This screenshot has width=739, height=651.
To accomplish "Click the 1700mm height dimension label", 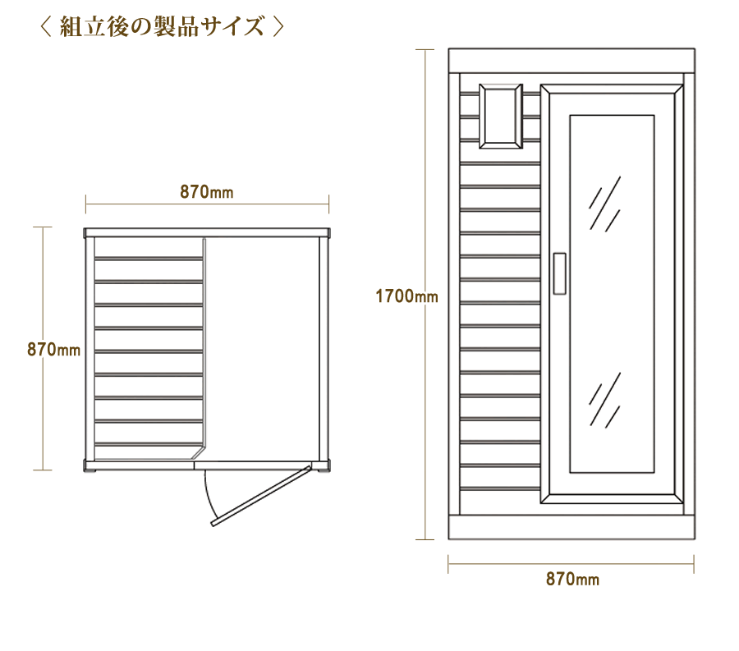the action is coord(406,296).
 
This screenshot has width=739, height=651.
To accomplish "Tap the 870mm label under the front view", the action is coord(572,579).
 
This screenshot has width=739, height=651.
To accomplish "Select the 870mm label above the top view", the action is coord(207,192).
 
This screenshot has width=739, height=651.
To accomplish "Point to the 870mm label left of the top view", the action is coord(53,350).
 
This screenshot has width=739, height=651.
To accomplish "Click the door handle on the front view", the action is coord(559,273).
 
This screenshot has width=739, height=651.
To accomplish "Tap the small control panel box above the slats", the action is coord(501,116).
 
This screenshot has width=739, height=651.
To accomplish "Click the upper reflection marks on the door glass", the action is coord(604,204).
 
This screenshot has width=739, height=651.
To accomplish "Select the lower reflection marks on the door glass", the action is coord(604,400).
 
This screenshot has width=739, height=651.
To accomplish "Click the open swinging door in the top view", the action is coord(261,496).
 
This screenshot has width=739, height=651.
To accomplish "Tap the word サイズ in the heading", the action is coord(231,26).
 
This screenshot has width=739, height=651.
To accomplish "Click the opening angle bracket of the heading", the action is coord(45,26).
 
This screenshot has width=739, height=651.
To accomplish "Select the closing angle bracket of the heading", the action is coord(278,26).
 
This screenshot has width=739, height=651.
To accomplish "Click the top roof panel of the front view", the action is coord(571,61).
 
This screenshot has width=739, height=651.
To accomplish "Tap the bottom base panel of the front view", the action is coord(571,527).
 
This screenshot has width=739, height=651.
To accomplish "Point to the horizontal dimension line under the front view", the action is coord(571,564).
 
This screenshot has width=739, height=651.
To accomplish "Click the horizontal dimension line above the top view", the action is coord(208,204).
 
